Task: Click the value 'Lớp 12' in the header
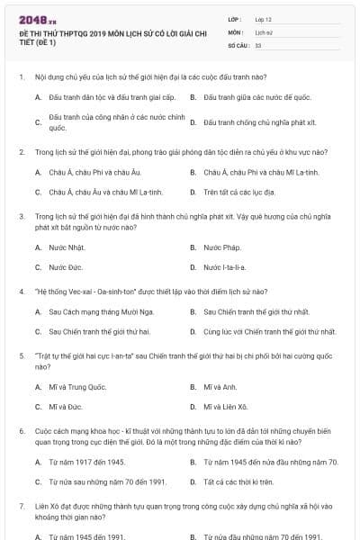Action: (x=265, y=19)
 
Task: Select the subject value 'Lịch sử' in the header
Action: (x=265, y=31)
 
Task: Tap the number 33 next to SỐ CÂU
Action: (x=258, y=44)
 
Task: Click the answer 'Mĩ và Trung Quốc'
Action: (x=78, y=387)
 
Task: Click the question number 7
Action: (x=21, y=508)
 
